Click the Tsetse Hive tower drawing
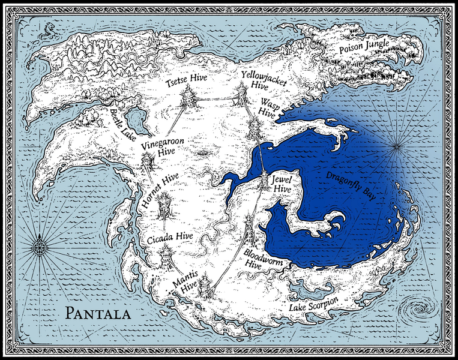(x=188, y=96)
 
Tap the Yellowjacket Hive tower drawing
(x=241, y=94)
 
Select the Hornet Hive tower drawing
(x=164, y=206)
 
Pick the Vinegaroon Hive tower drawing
(x=147, y=162)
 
